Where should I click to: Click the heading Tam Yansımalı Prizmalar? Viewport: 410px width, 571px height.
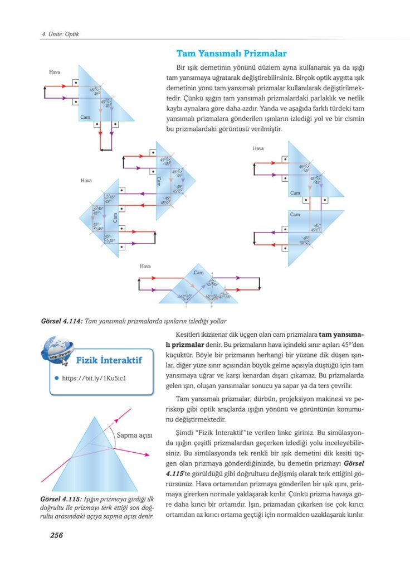(x=231, y=54)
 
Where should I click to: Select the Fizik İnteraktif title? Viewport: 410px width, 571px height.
(x=109, y=360)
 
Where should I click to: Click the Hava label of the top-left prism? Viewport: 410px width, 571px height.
(x=54, y=72)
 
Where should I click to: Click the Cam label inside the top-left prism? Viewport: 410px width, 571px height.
(x=85, y=117)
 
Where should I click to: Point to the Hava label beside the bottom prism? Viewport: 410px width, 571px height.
(x=145, y=267)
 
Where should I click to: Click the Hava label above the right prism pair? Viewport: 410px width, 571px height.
(x=258, y=148)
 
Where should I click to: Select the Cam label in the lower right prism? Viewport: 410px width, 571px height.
(x=295, y=214)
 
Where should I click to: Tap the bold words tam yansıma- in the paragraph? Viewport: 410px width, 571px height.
(x=341, y=335)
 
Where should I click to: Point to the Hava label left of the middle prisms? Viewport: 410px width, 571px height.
(x=86, y=181)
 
